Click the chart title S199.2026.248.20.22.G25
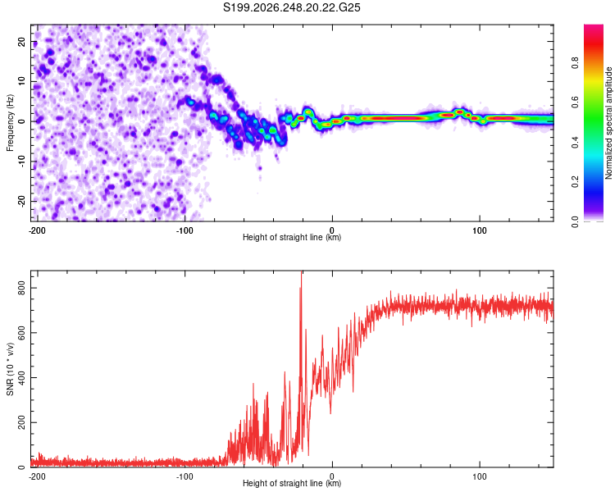tap(291, 7)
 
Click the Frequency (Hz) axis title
tap(10, 123)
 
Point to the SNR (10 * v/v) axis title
tap(10, 369)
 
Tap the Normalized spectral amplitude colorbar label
tap(608, 123)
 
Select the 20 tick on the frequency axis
tap(21, 42)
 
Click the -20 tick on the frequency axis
tap(21, 201)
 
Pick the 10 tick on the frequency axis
tap(21, 81)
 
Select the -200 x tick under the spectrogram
tap(37, 230)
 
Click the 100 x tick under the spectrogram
tap(480, 230)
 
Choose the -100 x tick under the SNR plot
tap(184, 476)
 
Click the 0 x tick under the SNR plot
tap(332, 476)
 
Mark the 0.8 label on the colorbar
tap(575, 63)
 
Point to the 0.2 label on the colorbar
tap(575, 182)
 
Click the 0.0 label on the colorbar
tap(575, 222)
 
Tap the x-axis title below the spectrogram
tap(292, 237)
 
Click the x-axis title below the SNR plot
tap(292, 483)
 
